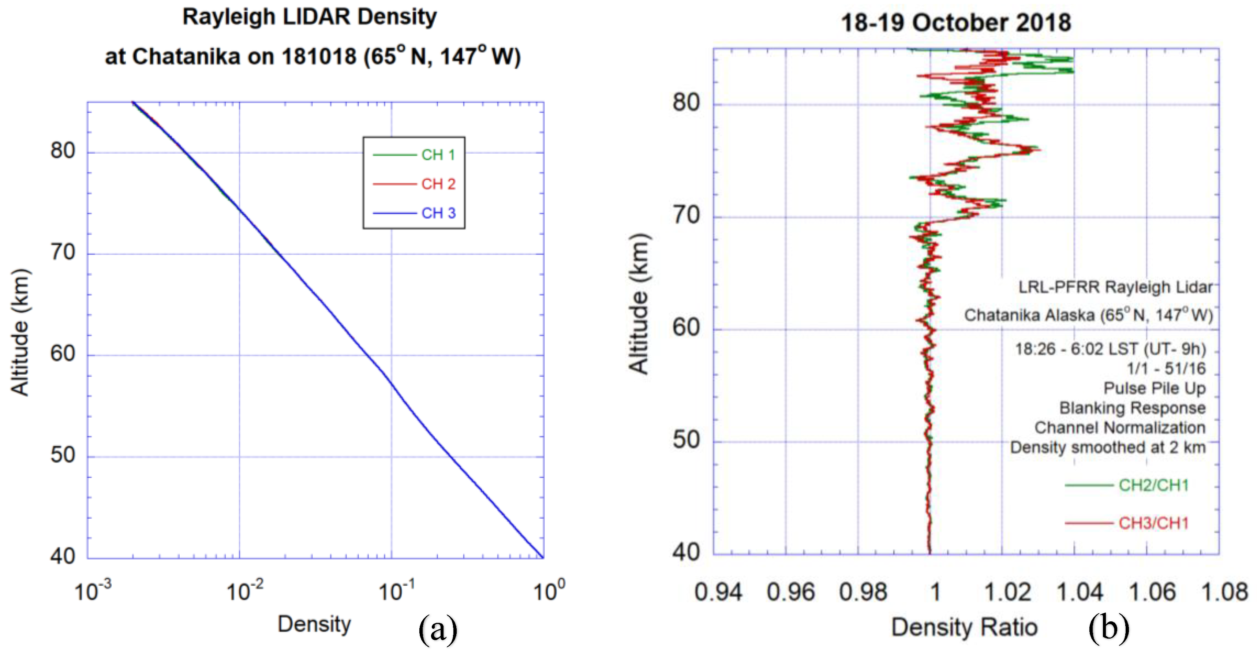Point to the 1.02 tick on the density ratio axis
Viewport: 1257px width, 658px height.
(1007, 592)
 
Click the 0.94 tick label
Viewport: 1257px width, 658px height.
(718, 592)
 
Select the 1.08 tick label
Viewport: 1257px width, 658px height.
(1224, 592)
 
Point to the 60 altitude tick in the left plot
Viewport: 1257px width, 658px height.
(63, 354)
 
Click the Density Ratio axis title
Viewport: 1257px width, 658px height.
(964, 627)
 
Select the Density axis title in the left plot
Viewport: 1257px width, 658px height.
(314, 624)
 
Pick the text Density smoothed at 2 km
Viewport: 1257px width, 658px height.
(1107, 447)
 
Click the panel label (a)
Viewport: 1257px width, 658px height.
(438, 630)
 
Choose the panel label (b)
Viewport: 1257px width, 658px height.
(1109, 629)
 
